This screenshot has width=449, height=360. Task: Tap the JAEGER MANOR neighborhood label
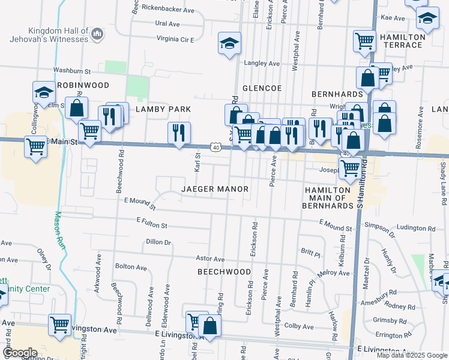point(215,189)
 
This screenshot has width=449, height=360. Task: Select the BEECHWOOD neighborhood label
point(224,272)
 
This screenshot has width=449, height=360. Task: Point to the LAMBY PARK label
point(163,109)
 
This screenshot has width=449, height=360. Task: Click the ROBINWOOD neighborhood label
point(83,86)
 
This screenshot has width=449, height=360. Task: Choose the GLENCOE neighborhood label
point(262,88)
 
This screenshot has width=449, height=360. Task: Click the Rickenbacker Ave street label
point(167,10)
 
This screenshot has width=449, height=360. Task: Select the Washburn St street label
point(71,70)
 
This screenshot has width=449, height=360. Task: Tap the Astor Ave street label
point(210,259)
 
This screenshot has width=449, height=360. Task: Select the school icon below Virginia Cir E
point(229,44)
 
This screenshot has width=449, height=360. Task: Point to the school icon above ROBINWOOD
point(44,92)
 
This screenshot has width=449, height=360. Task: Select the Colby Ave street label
point(300,327)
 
